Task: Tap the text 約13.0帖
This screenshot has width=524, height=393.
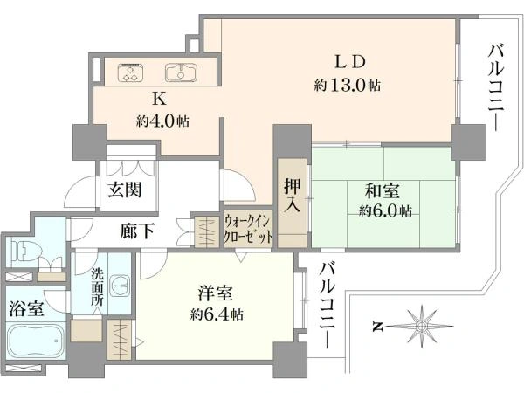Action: click(347, 86)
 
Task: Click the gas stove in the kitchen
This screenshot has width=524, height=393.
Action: click(131, 71)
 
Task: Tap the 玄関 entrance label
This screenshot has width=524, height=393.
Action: click(125, 190)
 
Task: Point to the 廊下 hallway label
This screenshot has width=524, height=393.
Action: click(138, 231)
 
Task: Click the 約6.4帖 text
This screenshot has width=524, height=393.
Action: click(218, 314)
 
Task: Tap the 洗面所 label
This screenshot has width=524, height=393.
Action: click(98, 286)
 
